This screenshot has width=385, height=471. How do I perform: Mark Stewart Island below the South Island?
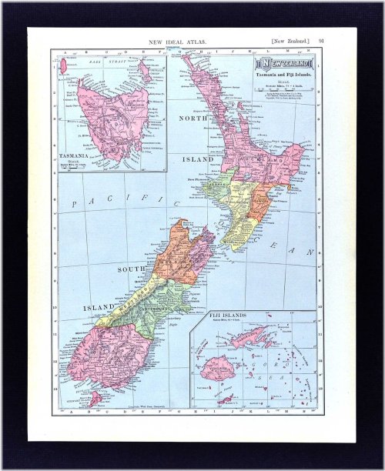[x=94, y=399]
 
